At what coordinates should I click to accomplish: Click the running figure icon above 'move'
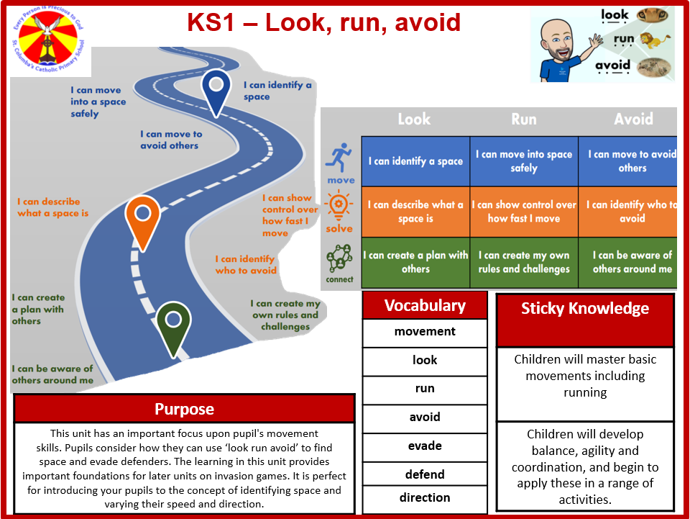(x=340, y=156)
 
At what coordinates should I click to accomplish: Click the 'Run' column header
(x=523, y=119)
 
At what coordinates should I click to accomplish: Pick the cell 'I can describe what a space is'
(x=415, y=212)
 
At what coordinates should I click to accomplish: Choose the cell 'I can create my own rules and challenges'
(x=524, y=262)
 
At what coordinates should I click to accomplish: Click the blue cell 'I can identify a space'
(x=415, y=161)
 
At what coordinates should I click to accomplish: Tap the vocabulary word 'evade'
(x=425, y=446)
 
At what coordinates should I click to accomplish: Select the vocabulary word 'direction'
(x=425, y=497)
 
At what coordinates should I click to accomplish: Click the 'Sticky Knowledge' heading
(x=585, y=309)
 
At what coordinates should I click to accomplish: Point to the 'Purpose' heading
(x=184, y=409)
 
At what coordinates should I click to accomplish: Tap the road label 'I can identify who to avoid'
(x=246, y=264)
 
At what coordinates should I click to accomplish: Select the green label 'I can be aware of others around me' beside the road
(x=52, y=374)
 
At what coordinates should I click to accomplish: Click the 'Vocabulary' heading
(x=425, y=305)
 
